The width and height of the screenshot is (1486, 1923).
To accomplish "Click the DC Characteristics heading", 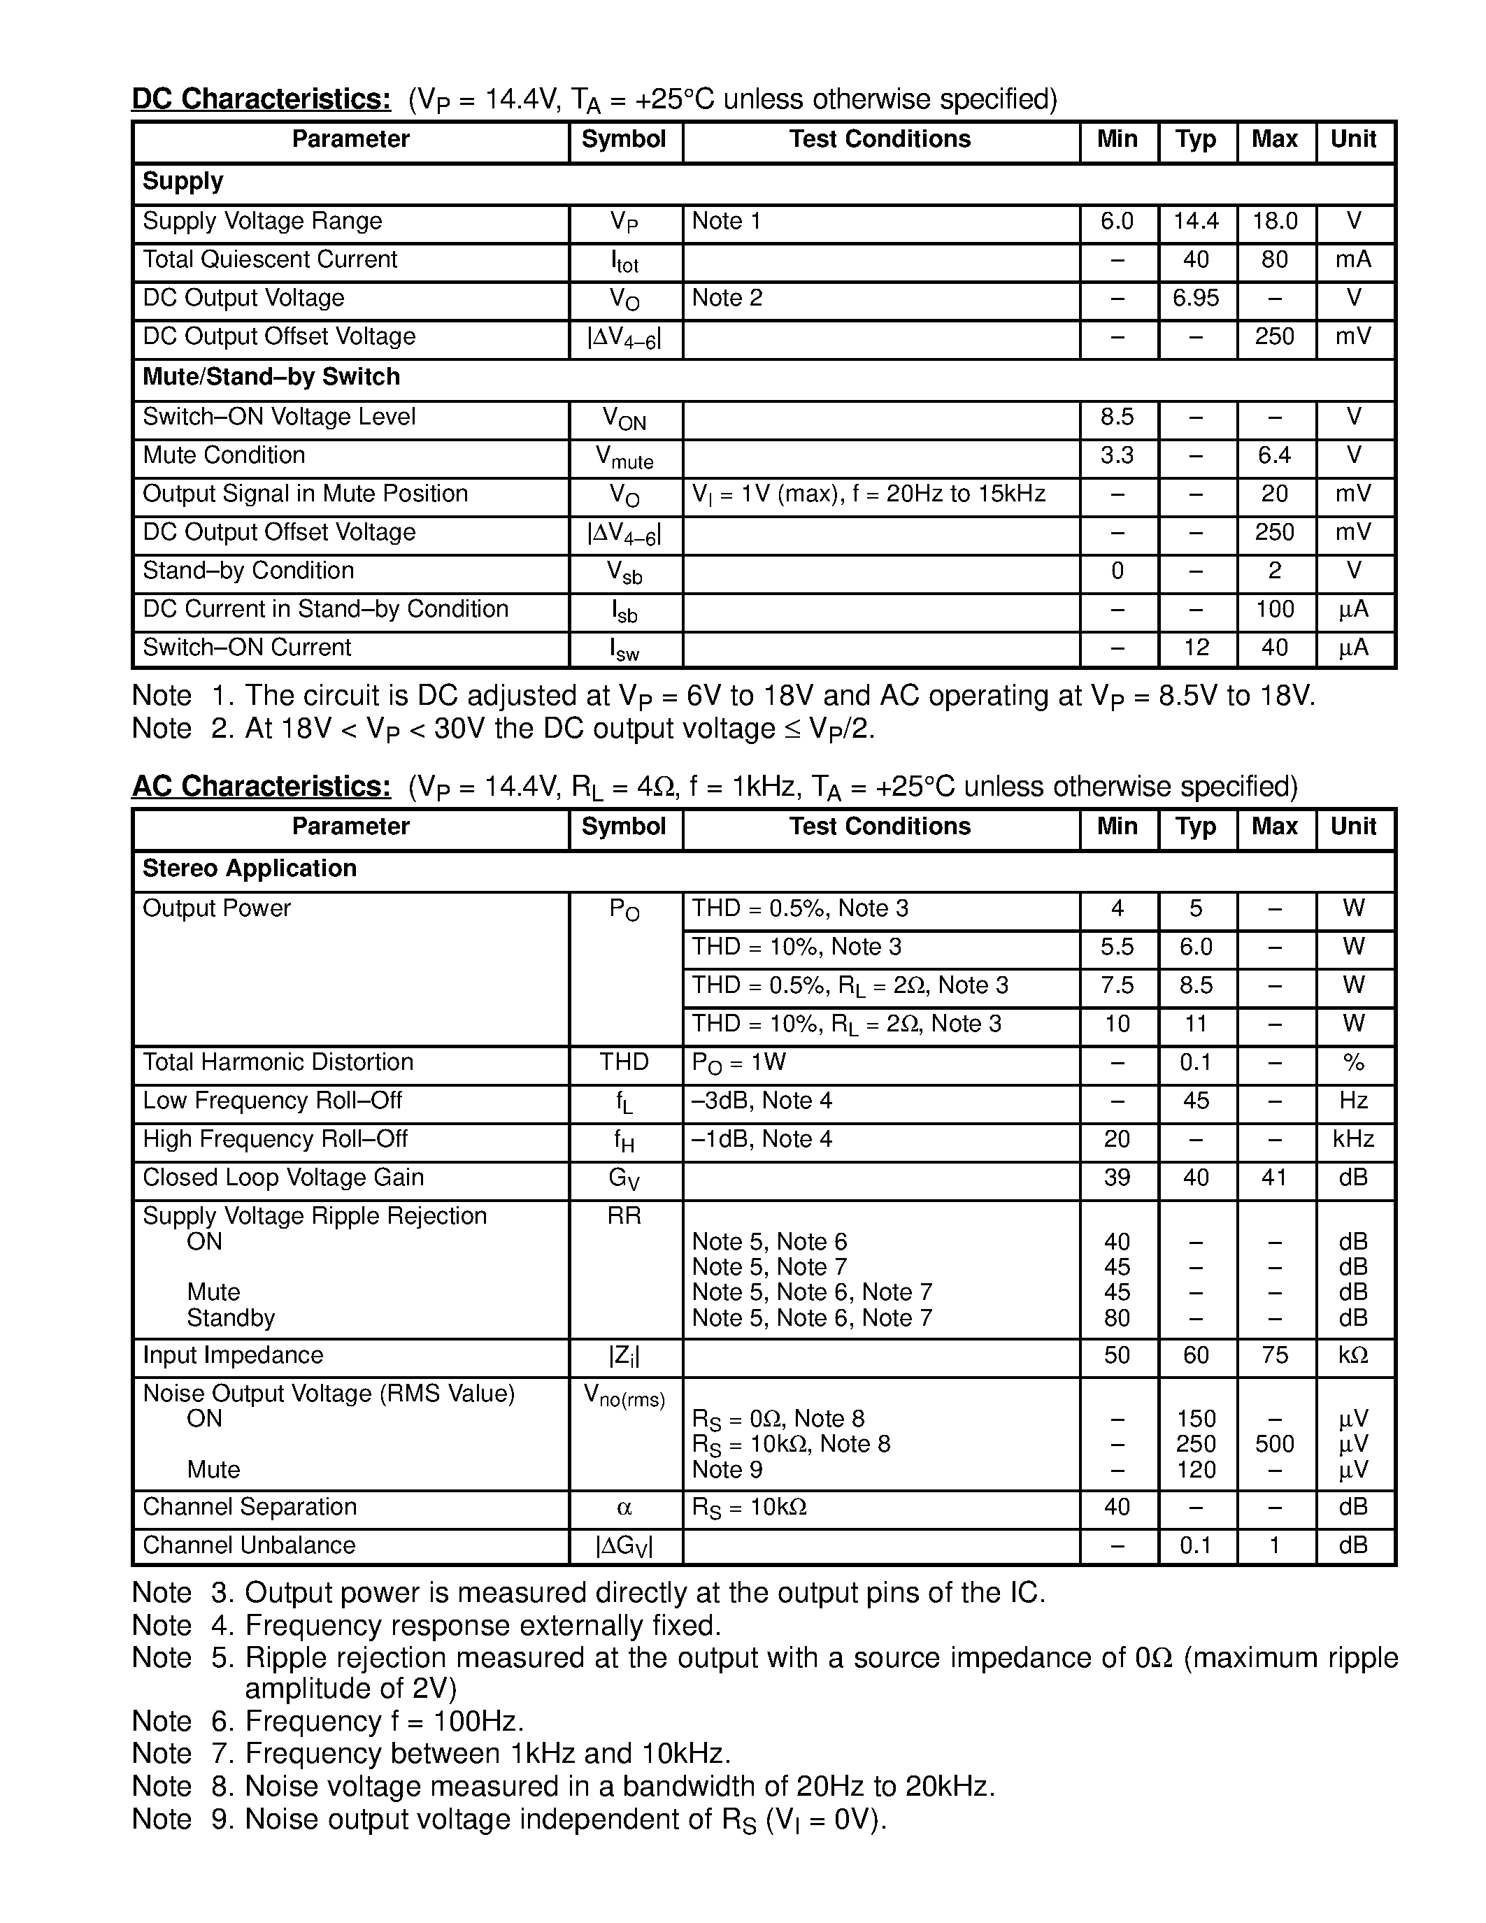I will click(x=261, y=99).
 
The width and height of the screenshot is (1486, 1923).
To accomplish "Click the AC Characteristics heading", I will click(x=261, y=785).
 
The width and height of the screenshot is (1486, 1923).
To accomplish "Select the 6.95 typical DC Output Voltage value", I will click(x=1196, y=298).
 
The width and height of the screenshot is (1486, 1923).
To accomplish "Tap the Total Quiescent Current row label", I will click(x=269, y=259).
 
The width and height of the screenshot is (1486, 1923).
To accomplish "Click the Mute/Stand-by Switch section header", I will click(x=271, y=377).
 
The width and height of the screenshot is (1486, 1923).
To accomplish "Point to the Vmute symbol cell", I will click(x=624, y=457).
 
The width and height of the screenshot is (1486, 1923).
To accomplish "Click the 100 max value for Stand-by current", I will click(x=1274, y=609).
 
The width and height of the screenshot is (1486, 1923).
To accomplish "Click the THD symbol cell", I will click(x=624, y=1062).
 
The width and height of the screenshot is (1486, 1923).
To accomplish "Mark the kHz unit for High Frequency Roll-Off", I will click(x=1353, y=1139).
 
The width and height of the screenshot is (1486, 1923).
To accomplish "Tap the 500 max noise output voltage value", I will click(x=1274, y=1444).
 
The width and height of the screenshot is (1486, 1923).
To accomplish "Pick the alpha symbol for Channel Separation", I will click(x=624, y=1508).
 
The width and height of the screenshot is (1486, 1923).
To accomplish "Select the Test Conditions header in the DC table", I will click(x=880, y=139).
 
